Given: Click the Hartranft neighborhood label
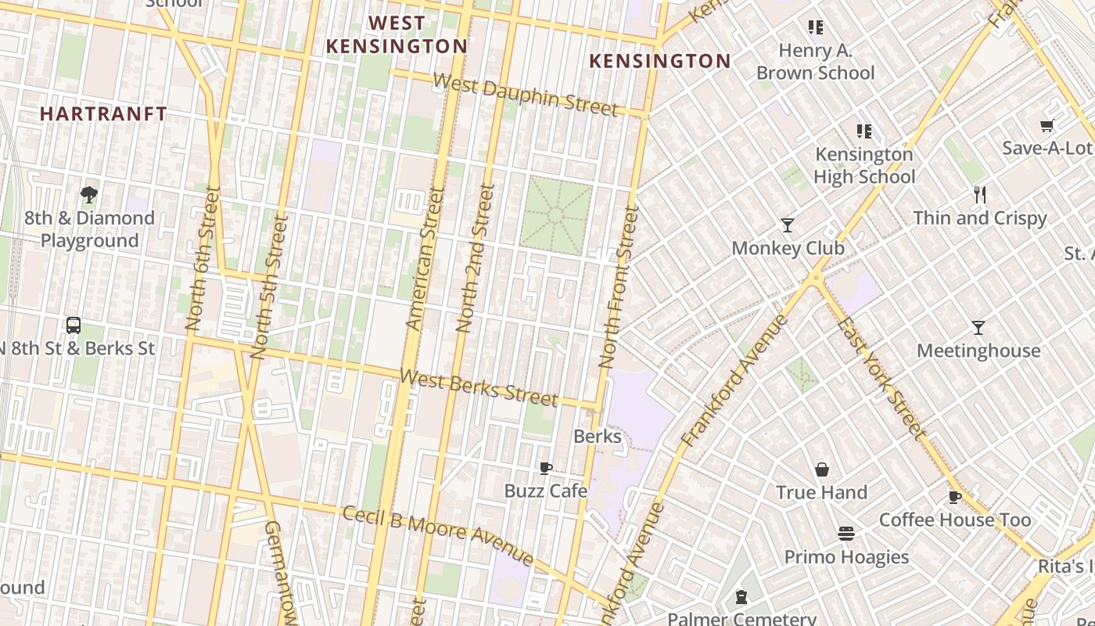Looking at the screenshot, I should pyautogui.click(x=103, y=114).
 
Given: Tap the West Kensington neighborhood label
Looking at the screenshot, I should pyautogui.click(x=397, y=35).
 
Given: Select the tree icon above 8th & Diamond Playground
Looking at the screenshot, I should pyautogui.click(x=89, y=195).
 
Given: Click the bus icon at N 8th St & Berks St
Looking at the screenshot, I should pyautogui.click(x=74, y=325).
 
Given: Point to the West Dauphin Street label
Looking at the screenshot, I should pyautogui.click(x=525, y=95).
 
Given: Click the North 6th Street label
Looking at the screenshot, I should pyautogui.click(x=199, y=268).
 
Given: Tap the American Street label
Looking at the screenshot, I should pyautogui.click(x=425, y=257).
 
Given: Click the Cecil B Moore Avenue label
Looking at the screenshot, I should pyautogui.click(x=438, y=536).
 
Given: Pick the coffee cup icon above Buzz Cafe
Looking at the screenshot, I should pyautogui.click(x=546, y=468).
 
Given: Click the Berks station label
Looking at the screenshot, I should pyautogui.click(x=598, y=437).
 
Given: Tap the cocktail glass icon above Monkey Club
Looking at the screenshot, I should pyautogui.click(x=788, y=225).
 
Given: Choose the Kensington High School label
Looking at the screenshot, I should pyautogui.click(x=864, y=165).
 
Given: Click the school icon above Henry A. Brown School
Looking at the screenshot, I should pyautogui.click(x=816, y=28).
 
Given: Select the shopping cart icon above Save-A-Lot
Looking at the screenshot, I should pyautogui.click(x=1047, y=125).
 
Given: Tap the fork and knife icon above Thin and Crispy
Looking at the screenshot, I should pyautogui.click(x=980, y=195).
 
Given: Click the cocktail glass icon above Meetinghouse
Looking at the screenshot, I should pyautogui.click(x=978, y=327).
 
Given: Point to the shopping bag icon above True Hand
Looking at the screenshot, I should pyautogui.click(x=822, y=469).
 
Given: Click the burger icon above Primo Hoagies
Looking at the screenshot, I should pyautogui.click(x=846, y=534).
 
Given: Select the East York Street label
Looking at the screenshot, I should pyautogui.click(x=881, y=378).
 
